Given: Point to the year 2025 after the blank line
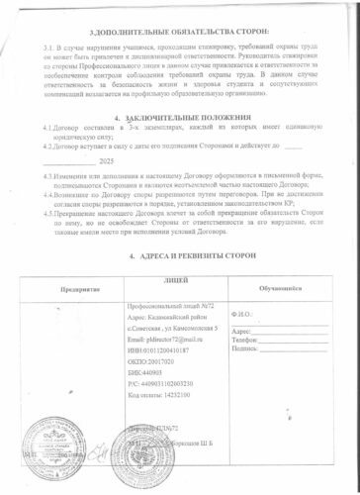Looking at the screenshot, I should tap(108, 160).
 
